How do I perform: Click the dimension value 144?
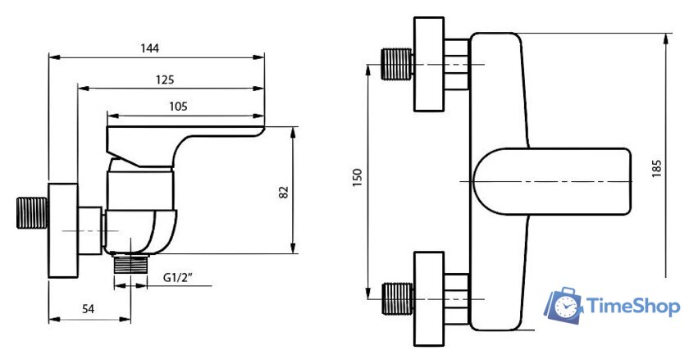tap(148, 48)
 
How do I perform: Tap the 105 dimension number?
tap(178, 106)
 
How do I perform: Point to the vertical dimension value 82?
tap(283, 191)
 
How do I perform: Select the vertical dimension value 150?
tap(357, 178)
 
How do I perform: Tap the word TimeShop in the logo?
tap(632, 307)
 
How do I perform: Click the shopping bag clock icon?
tap(564, 306)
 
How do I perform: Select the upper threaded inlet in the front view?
tap(398, 65)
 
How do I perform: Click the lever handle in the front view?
tap(554, 180)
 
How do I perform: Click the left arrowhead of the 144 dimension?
tap(52, 57)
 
